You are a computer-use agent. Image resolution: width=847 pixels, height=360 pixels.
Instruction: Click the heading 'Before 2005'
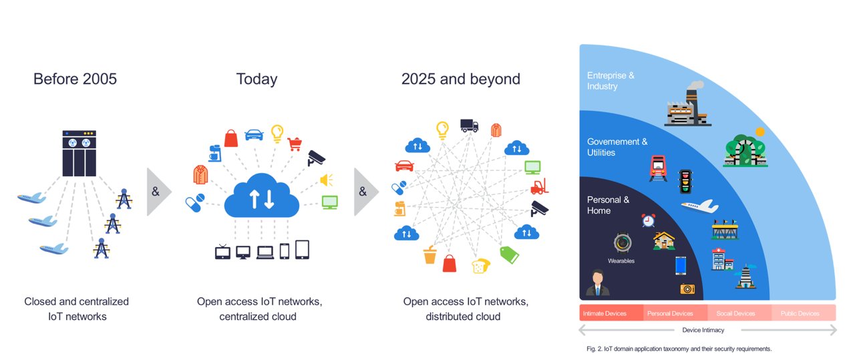(x=75, y=79)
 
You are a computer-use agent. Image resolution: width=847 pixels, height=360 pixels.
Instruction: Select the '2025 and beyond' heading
(x=460, y=79)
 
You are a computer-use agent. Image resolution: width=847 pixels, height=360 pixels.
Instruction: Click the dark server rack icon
(x=79, y=153)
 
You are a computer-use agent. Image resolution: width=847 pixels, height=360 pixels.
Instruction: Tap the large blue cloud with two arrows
(x=261, y=196)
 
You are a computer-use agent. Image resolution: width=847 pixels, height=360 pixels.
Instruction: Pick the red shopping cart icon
(x=295, y=144)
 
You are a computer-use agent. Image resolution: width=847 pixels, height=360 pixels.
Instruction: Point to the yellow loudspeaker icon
(x=327, y=180)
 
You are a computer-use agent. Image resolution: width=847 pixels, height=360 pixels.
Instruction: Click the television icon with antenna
(x=222, y=252)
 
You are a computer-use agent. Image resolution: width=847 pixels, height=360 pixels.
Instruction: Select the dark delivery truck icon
(x=469, y=126)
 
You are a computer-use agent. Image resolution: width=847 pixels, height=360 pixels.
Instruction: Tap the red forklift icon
(x=540, y=186)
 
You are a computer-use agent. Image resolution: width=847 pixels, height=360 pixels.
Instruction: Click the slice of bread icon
(x=480, y=266)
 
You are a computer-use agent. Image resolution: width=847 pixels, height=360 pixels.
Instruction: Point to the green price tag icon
(x=509, y=254)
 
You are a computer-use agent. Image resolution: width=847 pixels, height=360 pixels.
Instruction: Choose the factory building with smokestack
(x=687, y=104)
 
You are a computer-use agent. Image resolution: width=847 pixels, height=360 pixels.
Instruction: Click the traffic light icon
(x=685, y=182)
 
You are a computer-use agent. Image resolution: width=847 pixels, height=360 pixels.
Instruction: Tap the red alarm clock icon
(x=648, y=220)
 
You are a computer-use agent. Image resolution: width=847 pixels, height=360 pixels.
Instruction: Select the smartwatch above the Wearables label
(x=622, y=242)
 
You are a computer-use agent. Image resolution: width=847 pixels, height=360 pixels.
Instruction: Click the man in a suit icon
(x=597, y=283)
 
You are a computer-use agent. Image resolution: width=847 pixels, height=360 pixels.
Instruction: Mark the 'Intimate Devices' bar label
(x=605, y=313)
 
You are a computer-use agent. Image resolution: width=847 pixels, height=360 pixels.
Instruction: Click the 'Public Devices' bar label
(x=800, y=313)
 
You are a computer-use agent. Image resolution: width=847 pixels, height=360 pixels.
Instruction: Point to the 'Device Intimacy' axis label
(x=703, y=330)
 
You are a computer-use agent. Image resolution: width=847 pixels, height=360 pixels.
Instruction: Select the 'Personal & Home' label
(x=608, y=205)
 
